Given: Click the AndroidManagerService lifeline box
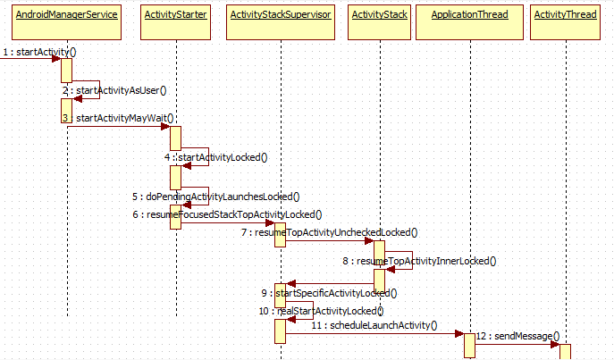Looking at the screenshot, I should coord(67,15).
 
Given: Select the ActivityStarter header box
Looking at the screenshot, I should coord(177,15).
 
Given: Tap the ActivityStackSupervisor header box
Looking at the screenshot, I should coord(280,15).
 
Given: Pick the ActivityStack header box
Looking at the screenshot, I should coord(380,15).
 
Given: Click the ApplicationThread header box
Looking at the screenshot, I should coord(470,15).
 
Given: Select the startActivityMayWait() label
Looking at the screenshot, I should coord(124,117).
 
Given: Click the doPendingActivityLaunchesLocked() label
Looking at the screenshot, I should coord(214,197).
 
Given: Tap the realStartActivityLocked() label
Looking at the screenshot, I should coord(321,311).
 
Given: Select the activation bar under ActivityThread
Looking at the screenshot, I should coord(565,352).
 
